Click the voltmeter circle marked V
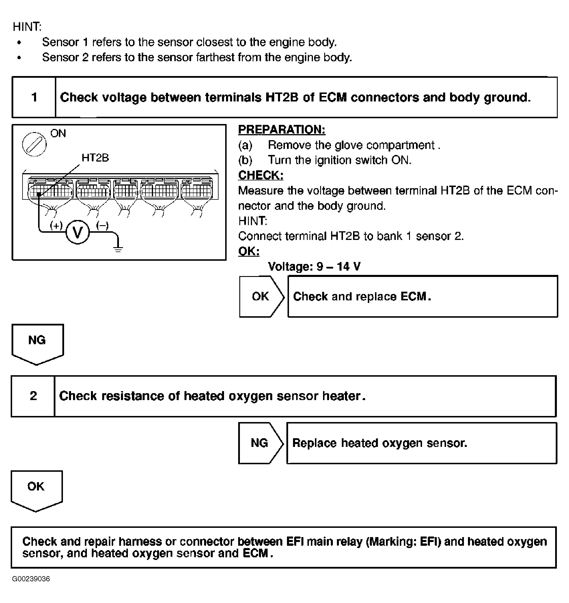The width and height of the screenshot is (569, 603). click(x=78, y=232)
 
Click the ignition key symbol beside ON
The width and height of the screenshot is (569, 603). click(x=34, y=144)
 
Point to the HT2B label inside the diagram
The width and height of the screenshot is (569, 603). click(x=95, y=158)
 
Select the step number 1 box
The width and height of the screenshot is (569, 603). click(x=34, y=97)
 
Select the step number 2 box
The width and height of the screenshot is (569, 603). click(x=33, y=396)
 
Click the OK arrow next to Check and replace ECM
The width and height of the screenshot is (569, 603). click(x=261, y=296)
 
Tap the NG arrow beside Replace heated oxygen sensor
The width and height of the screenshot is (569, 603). click(x=260, y=443)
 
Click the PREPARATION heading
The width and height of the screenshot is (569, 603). click(x=281, y=130)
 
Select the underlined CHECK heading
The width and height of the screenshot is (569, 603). click(x=260, y=175)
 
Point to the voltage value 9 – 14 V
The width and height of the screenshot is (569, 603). click(x=338, y=267)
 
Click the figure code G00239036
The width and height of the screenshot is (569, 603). click(x=31, y=578)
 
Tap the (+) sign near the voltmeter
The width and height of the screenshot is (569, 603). click(x=56, y=225)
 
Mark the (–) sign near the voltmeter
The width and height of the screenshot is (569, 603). click(x=102, y=225)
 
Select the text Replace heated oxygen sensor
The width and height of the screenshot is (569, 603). click(x=379, y=443)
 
